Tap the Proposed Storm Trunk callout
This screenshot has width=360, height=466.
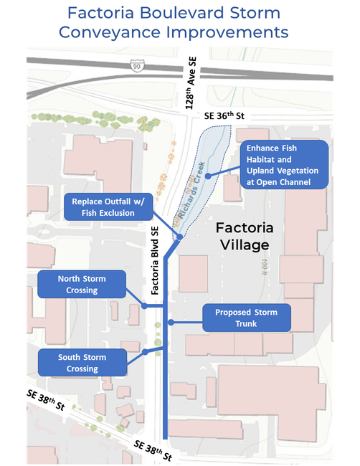(246, 318)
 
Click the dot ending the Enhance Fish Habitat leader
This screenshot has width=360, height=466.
(207, 175)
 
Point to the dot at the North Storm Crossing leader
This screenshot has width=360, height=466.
(145, 306)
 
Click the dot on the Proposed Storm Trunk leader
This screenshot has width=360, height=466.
(171, 323)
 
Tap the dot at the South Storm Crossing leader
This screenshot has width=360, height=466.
(146, 352)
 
